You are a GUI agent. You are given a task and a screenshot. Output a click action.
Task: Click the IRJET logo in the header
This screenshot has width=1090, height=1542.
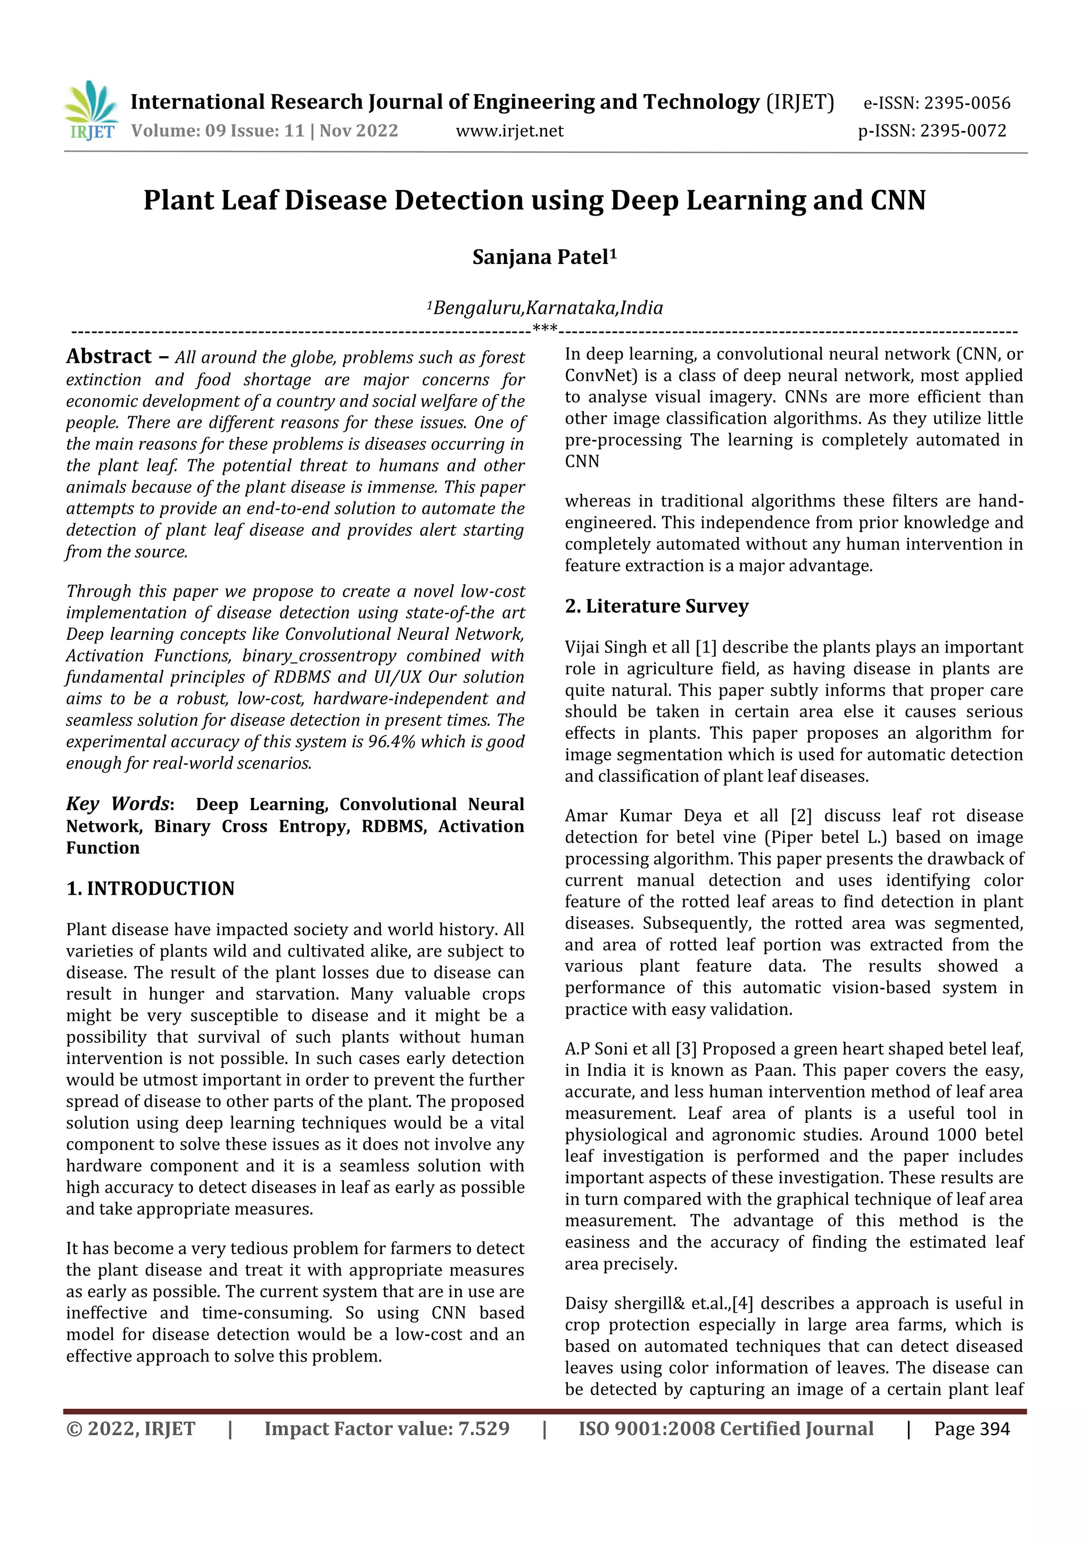pos(90,111)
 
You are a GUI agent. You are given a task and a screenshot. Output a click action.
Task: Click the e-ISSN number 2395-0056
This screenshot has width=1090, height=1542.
pos(967,103)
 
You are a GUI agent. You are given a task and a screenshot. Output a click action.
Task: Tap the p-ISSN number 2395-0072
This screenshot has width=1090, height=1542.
pos(963,131)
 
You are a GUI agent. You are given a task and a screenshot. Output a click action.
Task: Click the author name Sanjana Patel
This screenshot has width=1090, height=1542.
pos(543,257)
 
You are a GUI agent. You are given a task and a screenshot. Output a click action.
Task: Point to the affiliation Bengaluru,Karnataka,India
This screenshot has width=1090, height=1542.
pos(547,308)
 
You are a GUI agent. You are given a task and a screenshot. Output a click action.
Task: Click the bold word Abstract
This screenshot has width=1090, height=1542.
pos(109,357)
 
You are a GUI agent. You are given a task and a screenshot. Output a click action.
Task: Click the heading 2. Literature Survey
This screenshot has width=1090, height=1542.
pos(656,606)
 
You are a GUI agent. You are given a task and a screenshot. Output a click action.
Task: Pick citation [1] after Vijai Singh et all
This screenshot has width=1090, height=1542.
pos(706,647)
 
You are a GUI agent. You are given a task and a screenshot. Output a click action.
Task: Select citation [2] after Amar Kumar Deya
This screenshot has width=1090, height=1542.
pos(801,816)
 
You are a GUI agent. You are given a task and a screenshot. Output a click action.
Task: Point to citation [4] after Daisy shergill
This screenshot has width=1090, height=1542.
pos(743,1304)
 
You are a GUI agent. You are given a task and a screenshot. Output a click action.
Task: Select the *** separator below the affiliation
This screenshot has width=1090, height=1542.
pos(544,328)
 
